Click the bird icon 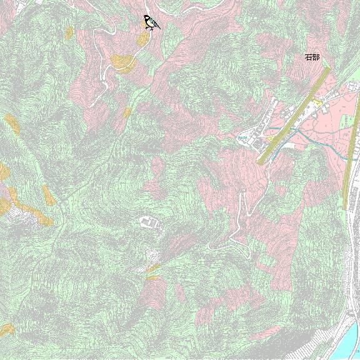[151, 23]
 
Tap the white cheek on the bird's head [148, 19]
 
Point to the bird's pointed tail [158, 27]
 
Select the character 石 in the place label [308, 57]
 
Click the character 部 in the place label [316, 57]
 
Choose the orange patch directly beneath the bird [143, 39]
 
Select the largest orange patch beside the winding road [123, 62]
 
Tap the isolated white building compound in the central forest [149, 221]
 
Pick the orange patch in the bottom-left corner [7, 329]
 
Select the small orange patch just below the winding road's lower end [127, 113]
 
